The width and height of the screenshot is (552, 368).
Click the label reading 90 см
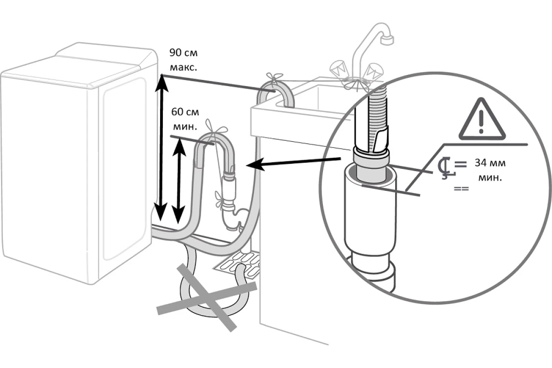coord(184,53)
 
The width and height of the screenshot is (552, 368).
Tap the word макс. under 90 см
coord(184,67)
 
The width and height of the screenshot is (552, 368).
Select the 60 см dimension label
coord(185,112)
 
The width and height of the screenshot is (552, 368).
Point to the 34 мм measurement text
coord(490,163)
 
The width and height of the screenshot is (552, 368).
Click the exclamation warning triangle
coord(482,120)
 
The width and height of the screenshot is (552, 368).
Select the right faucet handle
coord(374,71)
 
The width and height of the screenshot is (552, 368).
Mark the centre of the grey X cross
coord(207,298)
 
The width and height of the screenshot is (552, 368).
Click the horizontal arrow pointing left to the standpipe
coord(293,163)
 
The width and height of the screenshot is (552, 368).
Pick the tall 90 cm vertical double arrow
coord(161,148)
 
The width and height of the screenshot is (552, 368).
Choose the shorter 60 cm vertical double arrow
coord(178,181)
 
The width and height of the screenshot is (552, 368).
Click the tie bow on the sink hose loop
coord(274,78)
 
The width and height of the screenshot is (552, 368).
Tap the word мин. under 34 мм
coord(490,178)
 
